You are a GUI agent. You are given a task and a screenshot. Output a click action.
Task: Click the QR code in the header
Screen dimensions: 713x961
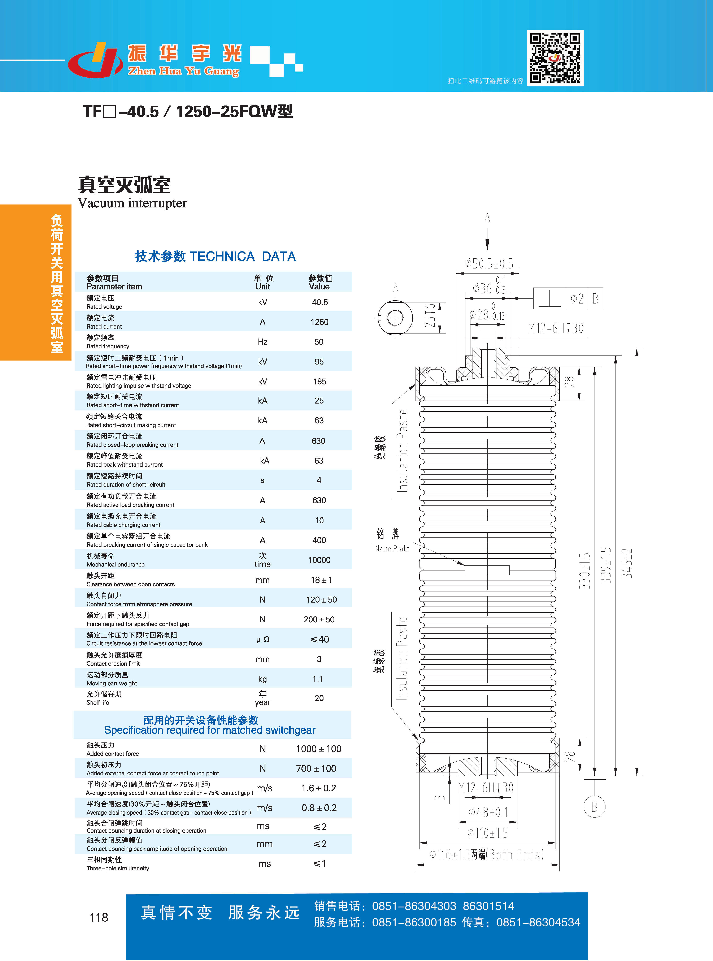click(555, 58)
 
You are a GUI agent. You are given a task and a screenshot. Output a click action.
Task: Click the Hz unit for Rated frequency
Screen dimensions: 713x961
click(262, 342)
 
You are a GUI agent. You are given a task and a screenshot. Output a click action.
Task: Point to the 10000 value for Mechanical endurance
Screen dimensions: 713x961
click(319, 560)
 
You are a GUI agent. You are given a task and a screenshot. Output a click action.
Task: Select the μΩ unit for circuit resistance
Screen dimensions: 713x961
click(263, 639)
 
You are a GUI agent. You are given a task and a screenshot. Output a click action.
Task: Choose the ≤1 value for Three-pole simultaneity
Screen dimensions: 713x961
click(319, 863)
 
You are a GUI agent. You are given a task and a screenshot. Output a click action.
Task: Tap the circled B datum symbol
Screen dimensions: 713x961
click(594, 806)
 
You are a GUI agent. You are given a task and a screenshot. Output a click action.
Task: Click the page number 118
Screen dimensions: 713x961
click(98, 917)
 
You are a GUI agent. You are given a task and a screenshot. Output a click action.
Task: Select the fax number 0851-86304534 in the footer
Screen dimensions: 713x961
click(538, 923)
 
